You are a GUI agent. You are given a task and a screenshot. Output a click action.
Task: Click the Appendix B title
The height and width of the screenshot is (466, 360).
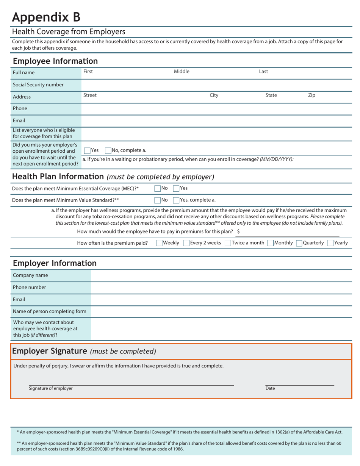46,17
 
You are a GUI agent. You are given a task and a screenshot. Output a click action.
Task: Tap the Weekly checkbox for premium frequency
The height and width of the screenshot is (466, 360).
159,243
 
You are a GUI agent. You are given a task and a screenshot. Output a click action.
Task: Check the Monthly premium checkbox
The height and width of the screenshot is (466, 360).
271,243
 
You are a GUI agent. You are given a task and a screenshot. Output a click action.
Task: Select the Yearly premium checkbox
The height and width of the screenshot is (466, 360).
330,243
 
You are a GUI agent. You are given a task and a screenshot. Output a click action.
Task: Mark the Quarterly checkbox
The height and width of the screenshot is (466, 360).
299,243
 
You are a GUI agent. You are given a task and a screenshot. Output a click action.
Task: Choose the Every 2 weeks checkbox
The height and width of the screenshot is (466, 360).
186,243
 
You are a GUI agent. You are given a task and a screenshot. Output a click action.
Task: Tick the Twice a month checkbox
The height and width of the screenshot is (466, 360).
228,243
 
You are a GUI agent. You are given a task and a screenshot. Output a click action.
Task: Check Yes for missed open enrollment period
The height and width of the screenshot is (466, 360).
87,150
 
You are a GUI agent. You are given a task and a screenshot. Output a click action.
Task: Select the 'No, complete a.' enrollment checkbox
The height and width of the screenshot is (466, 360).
108,150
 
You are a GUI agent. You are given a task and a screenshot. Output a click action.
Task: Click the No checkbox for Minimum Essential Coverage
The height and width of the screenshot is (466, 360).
158,188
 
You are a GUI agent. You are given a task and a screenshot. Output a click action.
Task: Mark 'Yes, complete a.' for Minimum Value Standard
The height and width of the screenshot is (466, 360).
176,200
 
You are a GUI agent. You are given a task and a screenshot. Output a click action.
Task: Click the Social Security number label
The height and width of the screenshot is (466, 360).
38,85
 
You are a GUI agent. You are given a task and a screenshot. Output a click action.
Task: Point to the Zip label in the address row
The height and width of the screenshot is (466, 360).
311,95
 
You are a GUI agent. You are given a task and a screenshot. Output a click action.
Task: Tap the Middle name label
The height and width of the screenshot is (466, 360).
182,72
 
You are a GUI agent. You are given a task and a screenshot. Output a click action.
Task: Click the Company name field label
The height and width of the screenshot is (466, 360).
30,275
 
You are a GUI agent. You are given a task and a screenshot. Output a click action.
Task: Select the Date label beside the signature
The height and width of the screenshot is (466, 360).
270,388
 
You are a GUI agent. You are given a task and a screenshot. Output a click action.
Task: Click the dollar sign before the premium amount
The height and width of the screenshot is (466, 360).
238,231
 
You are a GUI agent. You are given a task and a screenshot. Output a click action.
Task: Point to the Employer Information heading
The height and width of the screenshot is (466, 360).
55,263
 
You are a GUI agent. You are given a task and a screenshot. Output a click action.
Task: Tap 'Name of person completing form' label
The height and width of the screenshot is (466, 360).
50,311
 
